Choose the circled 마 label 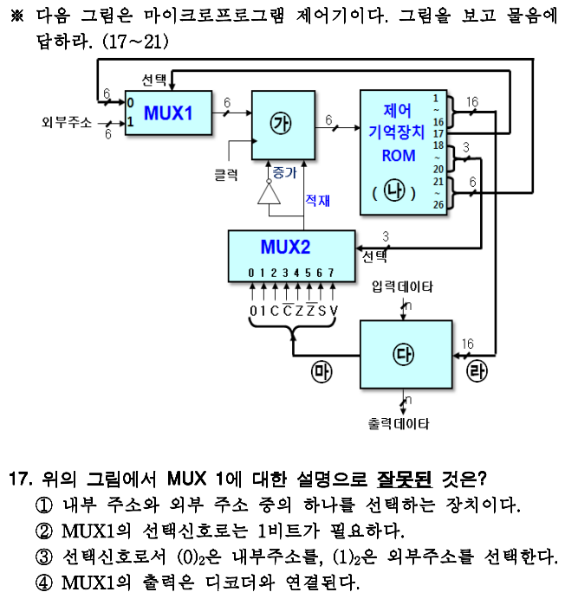pyautogui.click(x=321, y=373)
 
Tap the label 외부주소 pyautogui.click(x=67, y=122)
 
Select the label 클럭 pyautogui.click(x=226, y=174)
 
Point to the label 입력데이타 pyautogui.click(x=402, y=286)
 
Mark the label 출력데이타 pyautogui.click(x=399, y=424)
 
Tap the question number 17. pyautogui.click(x=20, y=478)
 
